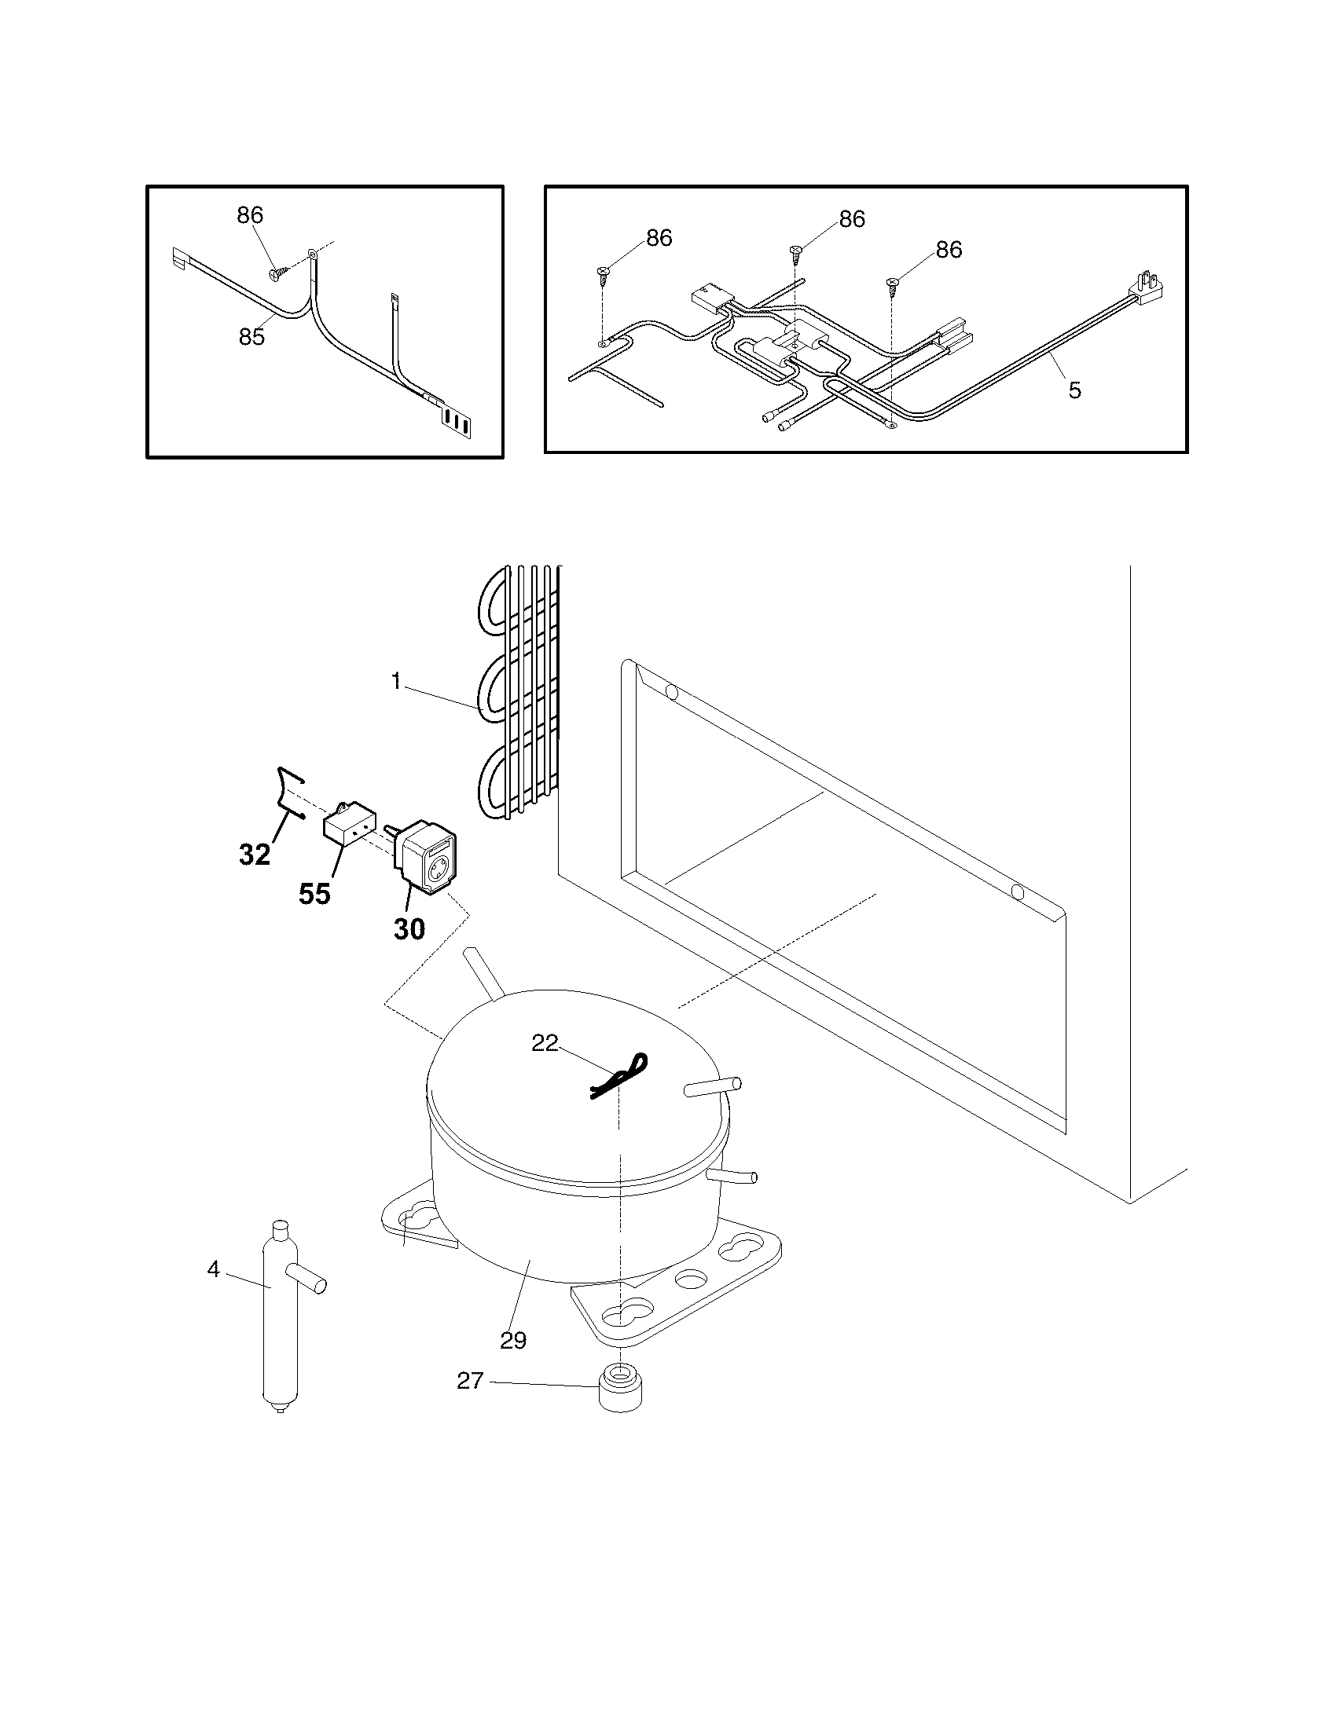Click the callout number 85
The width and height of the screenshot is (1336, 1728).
251,337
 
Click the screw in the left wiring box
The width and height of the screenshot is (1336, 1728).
274,273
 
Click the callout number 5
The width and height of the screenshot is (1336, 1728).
1074,390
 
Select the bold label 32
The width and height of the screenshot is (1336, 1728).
255,855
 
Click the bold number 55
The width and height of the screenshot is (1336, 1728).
314,895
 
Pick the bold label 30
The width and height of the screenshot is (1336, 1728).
409,929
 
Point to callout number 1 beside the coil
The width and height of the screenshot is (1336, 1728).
396,681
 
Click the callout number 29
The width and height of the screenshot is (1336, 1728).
513,1340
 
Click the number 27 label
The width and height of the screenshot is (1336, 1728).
470,1381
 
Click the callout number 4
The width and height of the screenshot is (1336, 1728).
213,1270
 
